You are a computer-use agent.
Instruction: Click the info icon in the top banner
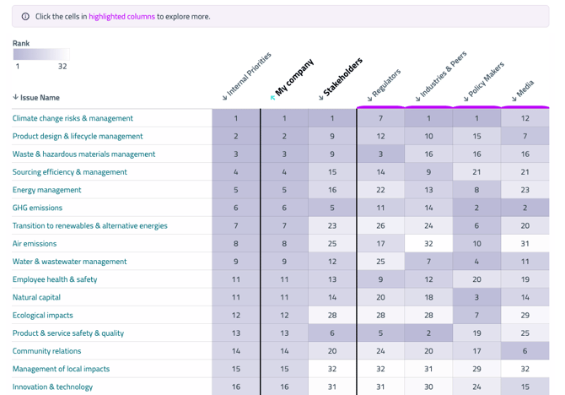(25, 17)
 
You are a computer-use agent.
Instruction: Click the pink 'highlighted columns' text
(121, 17)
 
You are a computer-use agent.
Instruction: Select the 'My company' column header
(293, 78)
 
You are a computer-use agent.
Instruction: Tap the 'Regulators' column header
(385, 84)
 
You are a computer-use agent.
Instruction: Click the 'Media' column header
(524, 90)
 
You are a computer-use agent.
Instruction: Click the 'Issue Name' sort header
(36, 98)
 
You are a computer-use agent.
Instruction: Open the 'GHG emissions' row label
(37, 208)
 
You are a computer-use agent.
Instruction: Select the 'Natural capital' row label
(36, 297)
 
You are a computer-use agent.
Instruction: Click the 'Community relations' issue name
(46, 351)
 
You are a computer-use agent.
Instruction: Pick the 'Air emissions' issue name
(35, 244)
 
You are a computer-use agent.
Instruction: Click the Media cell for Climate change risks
(525, 119)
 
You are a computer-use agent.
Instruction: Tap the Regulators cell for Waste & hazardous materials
(380, 154)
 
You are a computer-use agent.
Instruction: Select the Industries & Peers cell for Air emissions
(428, 244)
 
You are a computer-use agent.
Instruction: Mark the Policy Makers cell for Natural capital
(476, 297)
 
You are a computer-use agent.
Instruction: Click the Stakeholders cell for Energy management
(332, 190)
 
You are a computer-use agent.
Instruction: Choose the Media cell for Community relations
(525, 351)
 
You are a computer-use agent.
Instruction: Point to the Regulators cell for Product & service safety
(380, 333)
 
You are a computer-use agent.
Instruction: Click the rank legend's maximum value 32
(62, 66)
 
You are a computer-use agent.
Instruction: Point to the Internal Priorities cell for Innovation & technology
(236, 387)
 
